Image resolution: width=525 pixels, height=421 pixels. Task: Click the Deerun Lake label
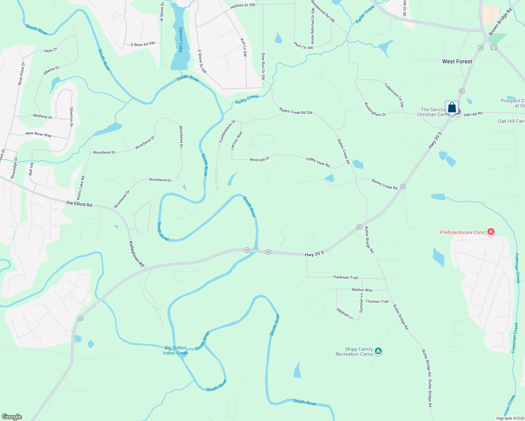[181, 40]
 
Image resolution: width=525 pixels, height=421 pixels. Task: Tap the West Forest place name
[457, 61]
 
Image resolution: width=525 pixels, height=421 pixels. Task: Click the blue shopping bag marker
[452, 108]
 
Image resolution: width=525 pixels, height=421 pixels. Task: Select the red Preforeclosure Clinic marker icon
[491, 232]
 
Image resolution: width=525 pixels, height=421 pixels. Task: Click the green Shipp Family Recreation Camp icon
[378, 351]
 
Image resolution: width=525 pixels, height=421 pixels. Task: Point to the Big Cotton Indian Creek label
[175, 350]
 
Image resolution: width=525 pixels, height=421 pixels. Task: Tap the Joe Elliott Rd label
[79, 203]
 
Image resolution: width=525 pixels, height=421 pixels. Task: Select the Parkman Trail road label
[346, 278]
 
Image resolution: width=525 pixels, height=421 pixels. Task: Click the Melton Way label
[362, 290]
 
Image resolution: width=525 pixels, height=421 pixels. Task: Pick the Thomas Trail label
[377, 301]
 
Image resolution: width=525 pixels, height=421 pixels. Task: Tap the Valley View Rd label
[318, 162]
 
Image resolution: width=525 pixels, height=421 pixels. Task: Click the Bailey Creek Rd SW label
[296, 111]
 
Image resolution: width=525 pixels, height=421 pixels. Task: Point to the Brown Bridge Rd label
[500, 21]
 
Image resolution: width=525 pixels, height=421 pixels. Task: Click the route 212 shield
[494, 47]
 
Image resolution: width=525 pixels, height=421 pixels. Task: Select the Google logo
[12, 417]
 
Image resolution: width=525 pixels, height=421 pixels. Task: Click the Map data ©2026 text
[509, 418]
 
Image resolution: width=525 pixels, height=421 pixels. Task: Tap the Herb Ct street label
[51, 51]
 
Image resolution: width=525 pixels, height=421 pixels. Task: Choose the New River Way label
[39, 134]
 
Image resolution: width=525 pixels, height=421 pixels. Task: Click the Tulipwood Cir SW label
[394, 95]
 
